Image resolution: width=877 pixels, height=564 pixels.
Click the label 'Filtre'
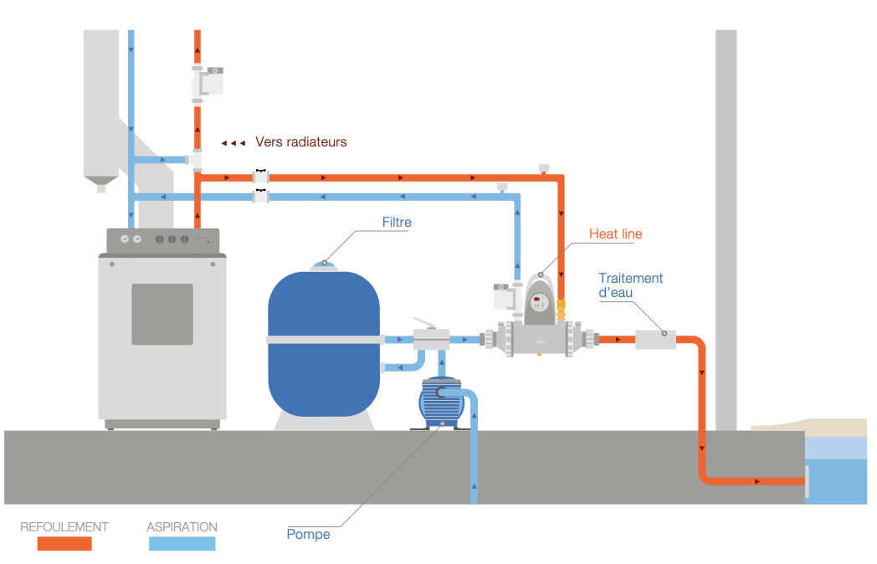pyautogui.click(x=397, y=223)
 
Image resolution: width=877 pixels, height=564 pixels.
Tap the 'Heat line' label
pyautogui.click(x=615, y=234)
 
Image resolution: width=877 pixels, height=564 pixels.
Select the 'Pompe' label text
pyautogui.click(x=308, y=535)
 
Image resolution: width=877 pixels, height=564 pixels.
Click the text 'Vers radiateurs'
pyautogui.click(x=300, y=142)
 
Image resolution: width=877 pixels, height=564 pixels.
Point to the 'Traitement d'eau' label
pyautogui.click(x=630, y=285)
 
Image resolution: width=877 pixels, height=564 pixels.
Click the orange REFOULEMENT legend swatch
pyautogui.click(x=64, y=543)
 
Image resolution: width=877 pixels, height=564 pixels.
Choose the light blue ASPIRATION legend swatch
pyautogui.click(x=182, y=543)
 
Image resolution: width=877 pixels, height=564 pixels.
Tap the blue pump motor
pyautogui.click(x=440, y=404)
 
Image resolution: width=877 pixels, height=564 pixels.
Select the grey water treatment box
pyautogui.click(x=655, y=340)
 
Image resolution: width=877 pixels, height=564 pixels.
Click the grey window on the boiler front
pyautogui.click(x=162, y=314)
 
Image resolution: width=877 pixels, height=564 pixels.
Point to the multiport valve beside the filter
pyautogui.click(x=432, y=339)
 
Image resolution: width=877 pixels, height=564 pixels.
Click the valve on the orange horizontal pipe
pyautogui.click(x=262, y=177)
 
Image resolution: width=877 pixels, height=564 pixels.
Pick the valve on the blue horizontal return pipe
pyautogui.click(x=262, y=197)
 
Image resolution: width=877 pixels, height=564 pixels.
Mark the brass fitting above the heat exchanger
pyautogui.click(x=562, y=313)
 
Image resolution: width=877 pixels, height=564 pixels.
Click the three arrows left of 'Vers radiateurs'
pyautogui.click(x=233, y=143)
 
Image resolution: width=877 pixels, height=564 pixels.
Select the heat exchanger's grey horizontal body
pyautogui.click(x=539, y=340)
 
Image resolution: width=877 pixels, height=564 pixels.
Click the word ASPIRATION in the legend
pyautogui.click(x=182, y=527)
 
